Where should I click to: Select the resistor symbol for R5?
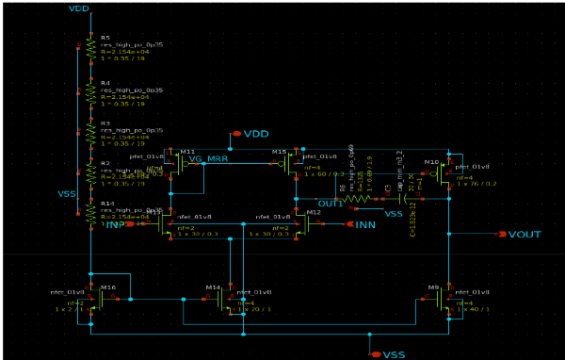click(90, 46)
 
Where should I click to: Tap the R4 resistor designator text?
click(105, 83)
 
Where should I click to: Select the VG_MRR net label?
click(208, 158)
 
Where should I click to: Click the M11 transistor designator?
click(186, 151)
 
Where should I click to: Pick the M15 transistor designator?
click(279, 151)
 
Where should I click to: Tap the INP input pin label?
click(116, 225)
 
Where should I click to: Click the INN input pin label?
click(365, 224)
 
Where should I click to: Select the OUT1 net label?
click(330, 204)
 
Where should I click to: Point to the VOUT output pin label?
click(525, 234)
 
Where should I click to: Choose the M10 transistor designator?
click(431, 162)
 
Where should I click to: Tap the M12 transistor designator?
click(315, 212)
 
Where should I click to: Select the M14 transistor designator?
click(213, 286)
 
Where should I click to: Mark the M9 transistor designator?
click(434, 286)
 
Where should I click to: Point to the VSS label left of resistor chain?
click(67, 193)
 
